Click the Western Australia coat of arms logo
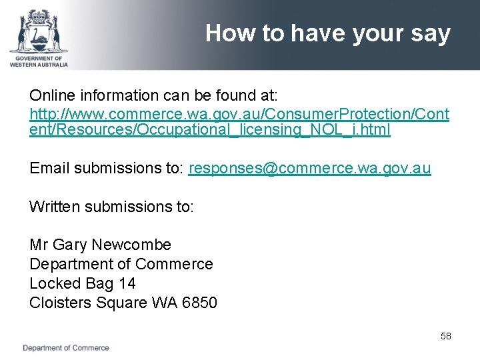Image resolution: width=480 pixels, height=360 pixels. [x=39, y=30]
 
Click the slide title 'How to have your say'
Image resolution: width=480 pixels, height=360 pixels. [x=327, y=33]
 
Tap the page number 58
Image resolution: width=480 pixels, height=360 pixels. [x=445, y=336]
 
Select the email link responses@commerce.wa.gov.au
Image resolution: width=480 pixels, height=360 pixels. [x=310, y=168]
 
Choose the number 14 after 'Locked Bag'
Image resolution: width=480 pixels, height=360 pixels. [x=127, y=283]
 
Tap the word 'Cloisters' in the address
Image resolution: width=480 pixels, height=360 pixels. [x=61, y=303]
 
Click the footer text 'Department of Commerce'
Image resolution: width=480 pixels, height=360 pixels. [x=66, y=348]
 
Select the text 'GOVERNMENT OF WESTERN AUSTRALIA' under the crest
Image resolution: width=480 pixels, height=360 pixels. [x=39, y=61]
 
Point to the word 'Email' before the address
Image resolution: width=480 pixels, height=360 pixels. [x=49, y=168]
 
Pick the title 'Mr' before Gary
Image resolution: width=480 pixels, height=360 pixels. [x=38, y=245]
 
